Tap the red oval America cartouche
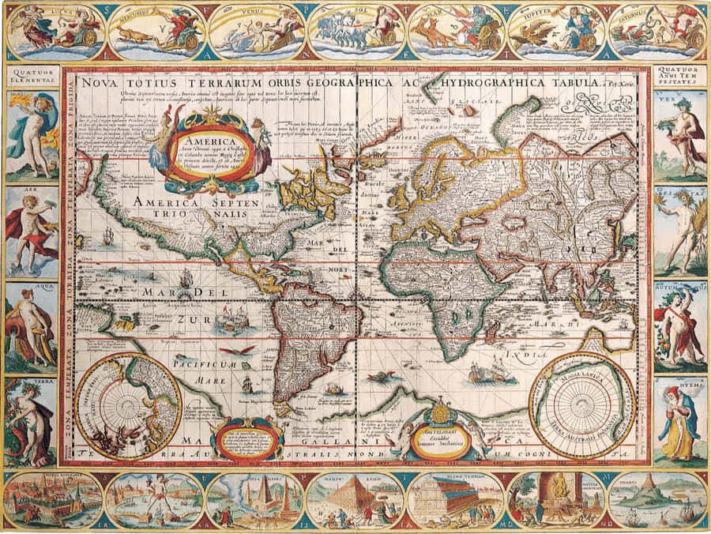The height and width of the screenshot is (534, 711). click(208, 144)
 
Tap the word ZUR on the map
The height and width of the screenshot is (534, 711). click(188, 320)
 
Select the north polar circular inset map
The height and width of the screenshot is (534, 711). click(127, 406)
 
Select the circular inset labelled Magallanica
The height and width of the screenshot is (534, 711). click(581, 404)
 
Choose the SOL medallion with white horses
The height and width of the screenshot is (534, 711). click(356, 32)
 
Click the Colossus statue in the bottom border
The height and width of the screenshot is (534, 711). click(155, 500)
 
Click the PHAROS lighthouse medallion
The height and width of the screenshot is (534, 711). click(658, 500)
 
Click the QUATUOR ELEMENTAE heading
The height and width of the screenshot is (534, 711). click(31, 75)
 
